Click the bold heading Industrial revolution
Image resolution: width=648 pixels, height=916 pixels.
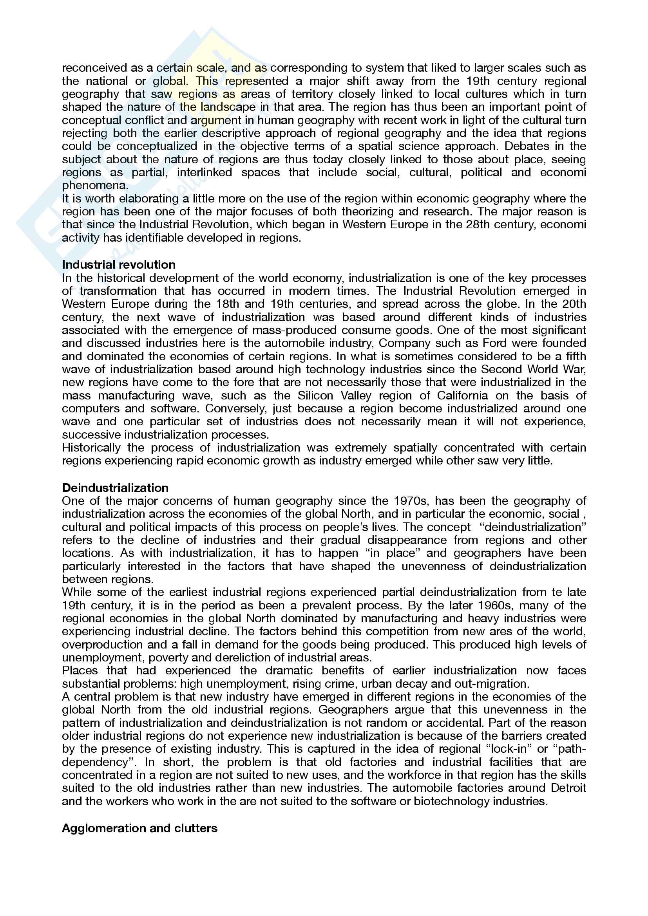coord(118,264)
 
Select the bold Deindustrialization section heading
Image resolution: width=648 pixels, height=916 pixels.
coord(115,488)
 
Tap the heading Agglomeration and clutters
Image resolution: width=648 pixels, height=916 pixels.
coord(139,828)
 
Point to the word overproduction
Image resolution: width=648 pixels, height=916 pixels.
coord(102,644)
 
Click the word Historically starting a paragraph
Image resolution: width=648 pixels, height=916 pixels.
coord(91,448)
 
